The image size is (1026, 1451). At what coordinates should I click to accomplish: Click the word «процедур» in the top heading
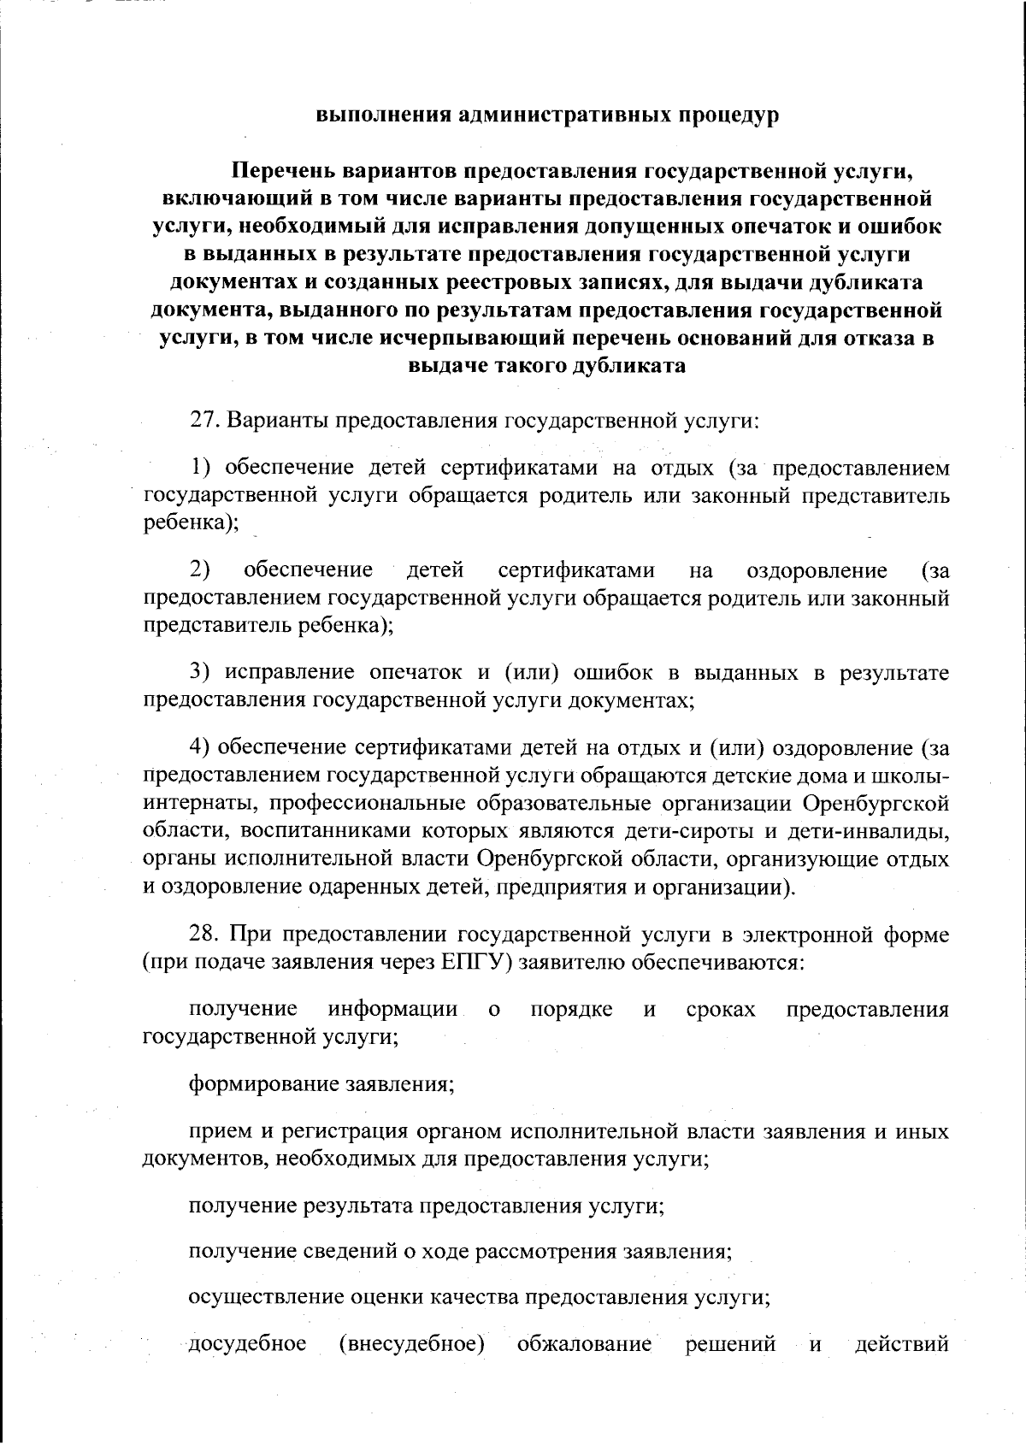coord(728,115)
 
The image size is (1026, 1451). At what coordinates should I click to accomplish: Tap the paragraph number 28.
coord(204,935)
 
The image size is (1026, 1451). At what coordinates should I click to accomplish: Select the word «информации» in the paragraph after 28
coord(393,1009)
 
